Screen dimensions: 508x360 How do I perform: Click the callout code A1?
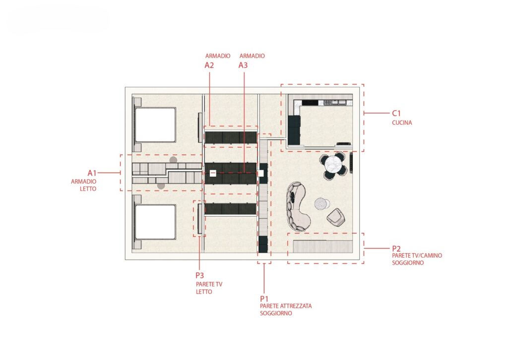pos(92,173)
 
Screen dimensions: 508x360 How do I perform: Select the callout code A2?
pos(209,65)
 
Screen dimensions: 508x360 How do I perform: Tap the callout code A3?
pos(243,65)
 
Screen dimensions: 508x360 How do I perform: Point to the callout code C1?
pos(396,113)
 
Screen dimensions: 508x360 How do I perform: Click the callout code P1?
pos(264,298)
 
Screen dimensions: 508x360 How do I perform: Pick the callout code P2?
pos(396,248)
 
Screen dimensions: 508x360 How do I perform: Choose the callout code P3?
pos(199,276)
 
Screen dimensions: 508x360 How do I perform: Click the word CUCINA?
pos(402,123)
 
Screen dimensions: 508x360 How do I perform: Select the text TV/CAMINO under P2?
pos(428,256)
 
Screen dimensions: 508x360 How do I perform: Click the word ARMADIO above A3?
pos(252,56)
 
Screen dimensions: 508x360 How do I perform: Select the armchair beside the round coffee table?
pos(336,217)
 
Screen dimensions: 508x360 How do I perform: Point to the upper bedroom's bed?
pos(154,125)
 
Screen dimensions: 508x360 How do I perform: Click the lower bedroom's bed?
pos(154,222)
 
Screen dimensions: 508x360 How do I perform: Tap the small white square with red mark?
pos(212,173)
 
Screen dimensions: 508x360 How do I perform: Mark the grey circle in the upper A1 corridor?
pos(173,160)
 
